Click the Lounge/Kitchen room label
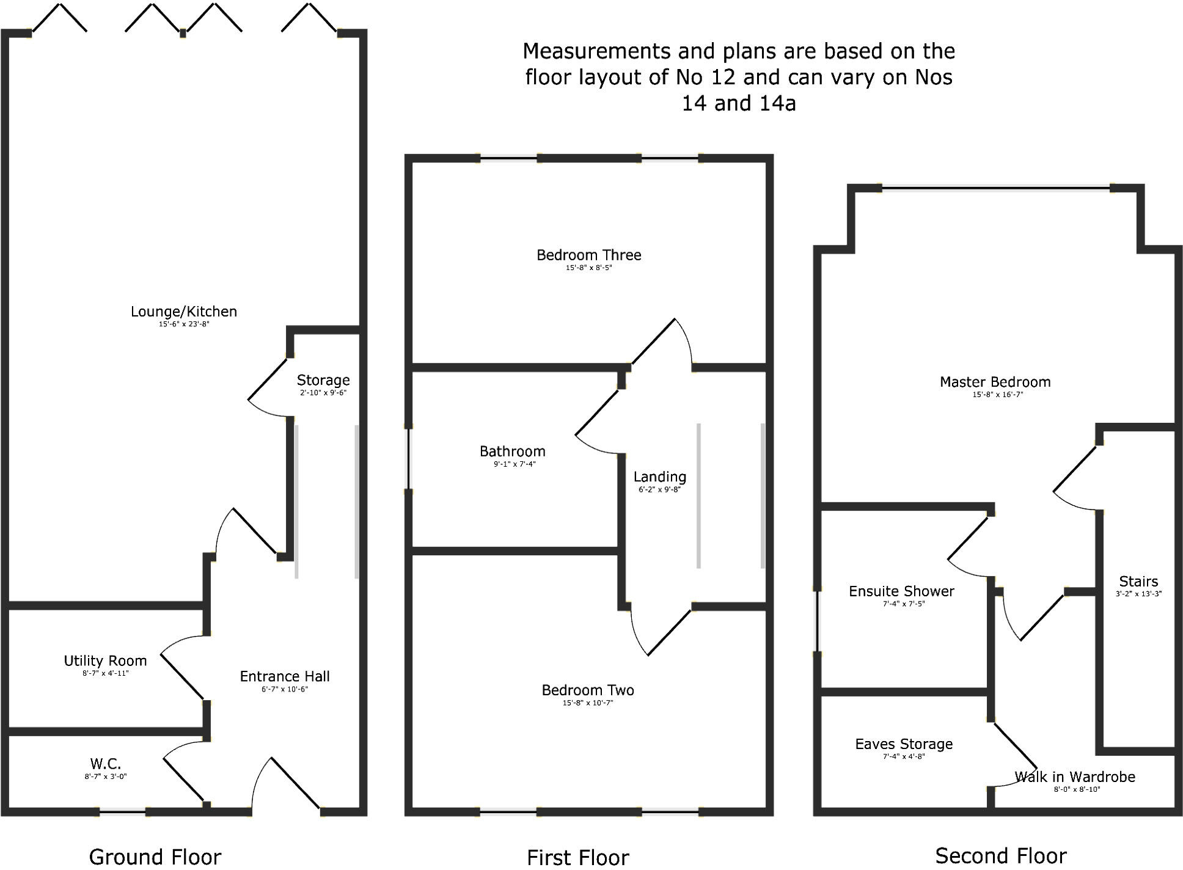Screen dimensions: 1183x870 tap(183, 312)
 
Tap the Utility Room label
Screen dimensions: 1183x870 tap(105, 660)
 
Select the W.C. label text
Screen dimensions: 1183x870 tap(106, 764)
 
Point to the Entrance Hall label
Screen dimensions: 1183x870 tap(284, 676)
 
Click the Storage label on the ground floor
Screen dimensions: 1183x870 tap(323, 380)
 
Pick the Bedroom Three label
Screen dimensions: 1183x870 tap(588, 255)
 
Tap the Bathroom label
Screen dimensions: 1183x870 tap(512, 451)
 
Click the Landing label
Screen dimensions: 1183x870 tap(659, 477)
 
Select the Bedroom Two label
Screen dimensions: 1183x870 tap(588, 690)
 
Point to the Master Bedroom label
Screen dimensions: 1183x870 tap(995, 382)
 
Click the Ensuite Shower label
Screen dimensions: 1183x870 tap(901, 591)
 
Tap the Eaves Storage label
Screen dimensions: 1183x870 tap(904, 744)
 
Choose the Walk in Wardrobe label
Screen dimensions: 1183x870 tap(1075, 777)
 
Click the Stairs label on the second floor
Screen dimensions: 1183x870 tap(1138, 581)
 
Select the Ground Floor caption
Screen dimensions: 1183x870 tap(155, 857)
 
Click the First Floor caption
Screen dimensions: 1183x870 tap(577, 857)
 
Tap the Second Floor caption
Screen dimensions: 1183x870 tap(1001, 856)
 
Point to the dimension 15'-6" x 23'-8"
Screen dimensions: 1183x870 tap(184, 324)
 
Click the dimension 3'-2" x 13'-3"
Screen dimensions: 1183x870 tap(1138, 594)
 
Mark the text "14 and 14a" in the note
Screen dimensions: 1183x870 tap(739, 103)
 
